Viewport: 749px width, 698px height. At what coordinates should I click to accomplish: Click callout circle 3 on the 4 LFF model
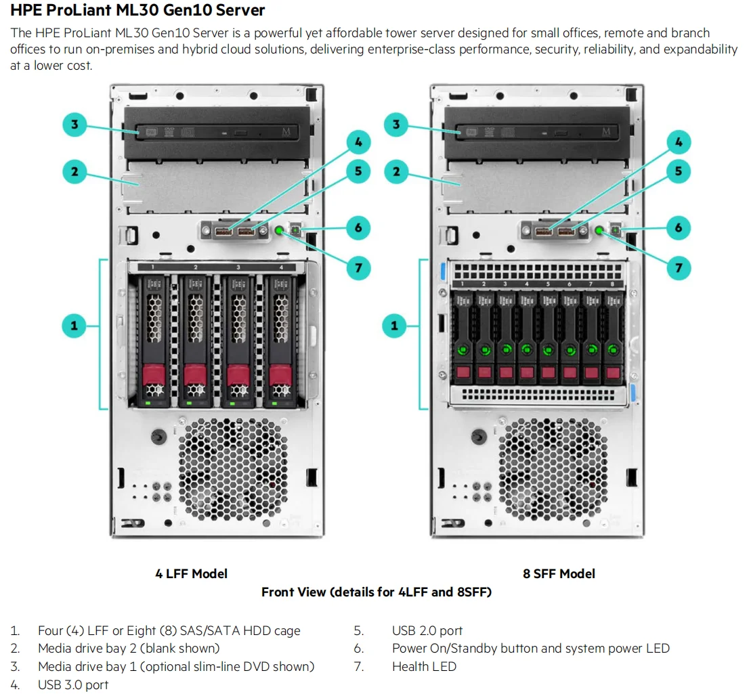(x=74, y=125)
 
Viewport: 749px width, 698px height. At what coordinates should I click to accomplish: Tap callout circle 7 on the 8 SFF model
(x=679, y=268)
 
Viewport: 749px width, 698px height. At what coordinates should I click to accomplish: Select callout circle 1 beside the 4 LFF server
(x=74, y=326)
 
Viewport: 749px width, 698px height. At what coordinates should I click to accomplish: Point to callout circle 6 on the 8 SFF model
(x=679, y=228)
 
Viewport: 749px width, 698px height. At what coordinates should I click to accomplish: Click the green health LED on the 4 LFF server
(x=280, y=232)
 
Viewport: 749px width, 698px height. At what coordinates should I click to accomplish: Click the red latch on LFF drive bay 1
(x=153, y=373)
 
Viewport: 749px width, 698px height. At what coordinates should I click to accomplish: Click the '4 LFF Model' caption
(x=191, y=573)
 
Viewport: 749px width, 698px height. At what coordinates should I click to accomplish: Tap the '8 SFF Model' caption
(x=559, y=573)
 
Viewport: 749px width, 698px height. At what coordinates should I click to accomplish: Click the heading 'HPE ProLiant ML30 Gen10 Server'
(x=137, y=10)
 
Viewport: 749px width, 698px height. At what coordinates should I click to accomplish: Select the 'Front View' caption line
(x=376, y=592)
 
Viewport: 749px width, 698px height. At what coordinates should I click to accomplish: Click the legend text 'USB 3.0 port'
(x=73, y=684)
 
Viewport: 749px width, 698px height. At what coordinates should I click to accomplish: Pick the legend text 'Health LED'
(x=424, y=666)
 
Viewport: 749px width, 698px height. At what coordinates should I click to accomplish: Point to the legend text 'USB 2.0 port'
(x=427, y=630)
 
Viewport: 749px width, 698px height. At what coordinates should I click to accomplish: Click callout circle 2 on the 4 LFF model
(x=74, y=172)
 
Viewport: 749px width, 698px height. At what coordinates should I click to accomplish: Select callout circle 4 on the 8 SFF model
(x=679, y=142)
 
